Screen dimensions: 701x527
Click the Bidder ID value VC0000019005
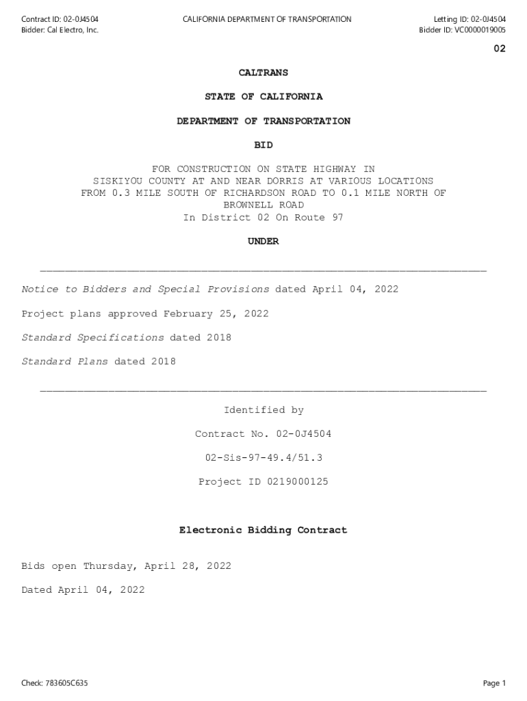[x=480, y=30]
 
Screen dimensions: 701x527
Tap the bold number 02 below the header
[x=500, y=49]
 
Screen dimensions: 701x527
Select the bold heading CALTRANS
[x=263, y=73]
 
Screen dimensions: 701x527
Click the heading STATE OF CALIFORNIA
[x=263, y=97]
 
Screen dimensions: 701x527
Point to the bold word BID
[x=263, y=145]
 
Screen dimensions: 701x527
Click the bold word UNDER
[x=263, y=242]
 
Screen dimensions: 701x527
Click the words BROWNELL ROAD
[x=263, y=205]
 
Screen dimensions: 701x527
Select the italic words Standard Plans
[x=65, y=361]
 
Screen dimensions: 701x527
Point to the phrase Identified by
[x=263, y=410]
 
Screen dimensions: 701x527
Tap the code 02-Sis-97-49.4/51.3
[x=263, y=458]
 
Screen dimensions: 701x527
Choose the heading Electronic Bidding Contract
[x=263, y=530]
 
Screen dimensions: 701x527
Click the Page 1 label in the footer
[x=493, y=683]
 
